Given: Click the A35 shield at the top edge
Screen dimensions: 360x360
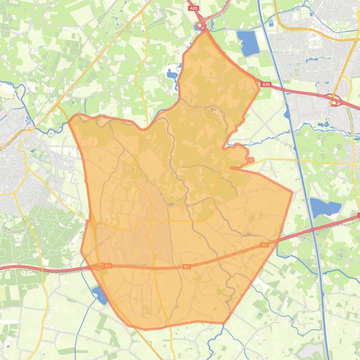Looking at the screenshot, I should (x=193, y=8).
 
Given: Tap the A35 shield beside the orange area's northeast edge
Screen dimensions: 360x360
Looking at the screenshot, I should (x=266, y=85).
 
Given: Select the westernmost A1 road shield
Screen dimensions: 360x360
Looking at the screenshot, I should (x=108, y=266).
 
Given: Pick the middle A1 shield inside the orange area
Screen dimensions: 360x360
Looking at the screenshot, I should (x=186, y=266).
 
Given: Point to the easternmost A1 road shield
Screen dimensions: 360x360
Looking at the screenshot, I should (x=264, y=245).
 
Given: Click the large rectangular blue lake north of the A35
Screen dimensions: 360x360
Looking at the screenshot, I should (x=248, y=43).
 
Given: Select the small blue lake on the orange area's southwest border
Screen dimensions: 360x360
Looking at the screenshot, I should (x=100, y=295).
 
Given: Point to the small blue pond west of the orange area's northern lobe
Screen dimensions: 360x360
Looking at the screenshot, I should (x=171, y=74).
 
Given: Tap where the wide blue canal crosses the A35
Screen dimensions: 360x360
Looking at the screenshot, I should (x=276, y=87).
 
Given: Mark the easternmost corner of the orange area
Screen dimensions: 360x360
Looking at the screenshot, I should (x=293, y=191).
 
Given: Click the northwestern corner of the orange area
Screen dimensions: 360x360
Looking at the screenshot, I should (x=70, y=118).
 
